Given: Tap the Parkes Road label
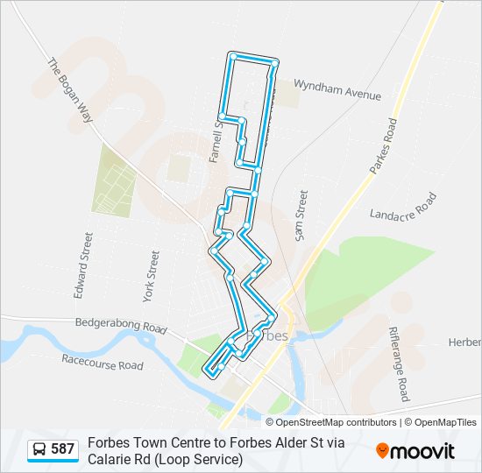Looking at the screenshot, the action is click(x=383, y=147).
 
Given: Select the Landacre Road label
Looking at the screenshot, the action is click(x=402, y=208).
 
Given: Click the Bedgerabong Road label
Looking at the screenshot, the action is click(x=120, y=325).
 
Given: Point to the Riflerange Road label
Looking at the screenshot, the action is click(x=400, y=364).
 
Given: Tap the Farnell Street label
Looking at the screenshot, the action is click(x=216, y=141).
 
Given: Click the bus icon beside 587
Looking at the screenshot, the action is click(x=39, y=449).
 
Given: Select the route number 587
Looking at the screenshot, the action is click(x=62, y=449).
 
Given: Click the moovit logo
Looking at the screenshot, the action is click(x=415, y=450).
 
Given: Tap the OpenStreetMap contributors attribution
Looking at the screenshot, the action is click(x=323, y=422).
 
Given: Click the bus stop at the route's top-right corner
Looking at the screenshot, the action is click(x=274, y=64).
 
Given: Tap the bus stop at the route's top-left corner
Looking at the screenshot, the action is click(x=233, y=56).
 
